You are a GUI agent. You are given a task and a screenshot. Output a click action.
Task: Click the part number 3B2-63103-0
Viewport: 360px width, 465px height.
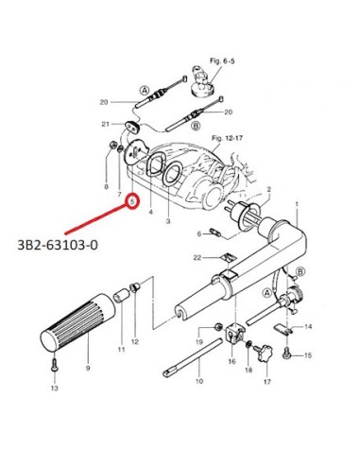(58, 245)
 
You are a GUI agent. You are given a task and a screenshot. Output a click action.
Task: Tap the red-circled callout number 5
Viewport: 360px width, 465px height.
(133, 200)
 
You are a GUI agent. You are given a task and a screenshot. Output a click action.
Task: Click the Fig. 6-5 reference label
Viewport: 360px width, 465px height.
(222, 60)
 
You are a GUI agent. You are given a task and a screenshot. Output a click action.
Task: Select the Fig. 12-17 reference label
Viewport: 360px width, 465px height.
(227, 138)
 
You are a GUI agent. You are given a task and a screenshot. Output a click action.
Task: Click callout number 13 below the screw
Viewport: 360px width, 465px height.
(55, 387)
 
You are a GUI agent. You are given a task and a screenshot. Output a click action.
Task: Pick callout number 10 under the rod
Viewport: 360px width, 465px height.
(199, 381)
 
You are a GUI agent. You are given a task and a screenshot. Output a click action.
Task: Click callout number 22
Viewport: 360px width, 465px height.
(197, 258)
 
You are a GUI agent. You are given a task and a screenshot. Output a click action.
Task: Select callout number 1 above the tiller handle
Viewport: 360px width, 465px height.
(297, 204)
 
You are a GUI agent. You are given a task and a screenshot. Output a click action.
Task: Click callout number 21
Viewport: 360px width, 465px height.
(105, 124)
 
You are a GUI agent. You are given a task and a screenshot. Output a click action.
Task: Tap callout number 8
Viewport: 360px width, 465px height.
(106, 186)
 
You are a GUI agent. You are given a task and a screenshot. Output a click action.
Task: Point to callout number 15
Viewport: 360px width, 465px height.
(308, 355)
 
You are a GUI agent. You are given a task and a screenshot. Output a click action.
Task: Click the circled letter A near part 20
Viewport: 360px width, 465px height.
(145, 91)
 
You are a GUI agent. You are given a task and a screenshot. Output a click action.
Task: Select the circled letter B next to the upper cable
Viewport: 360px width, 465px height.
(196, 126)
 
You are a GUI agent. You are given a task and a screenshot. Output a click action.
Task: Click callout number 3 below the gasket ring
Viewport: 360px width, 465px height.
(168, 221)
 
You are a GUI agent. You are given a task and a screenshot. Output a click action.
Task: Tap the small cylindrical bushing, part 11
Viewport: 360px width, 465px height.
(122, 297)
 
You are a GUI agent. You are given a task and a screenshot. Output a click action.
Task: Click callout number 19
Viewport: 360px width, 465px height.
(199, 341)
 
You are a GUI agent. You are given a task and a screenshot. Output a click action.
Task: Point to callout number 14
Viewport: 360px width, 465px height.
(308, 326)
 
